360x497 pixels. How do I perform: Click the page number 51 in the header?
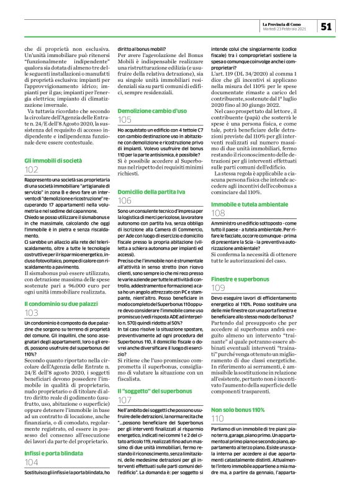tap(328, 25)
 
